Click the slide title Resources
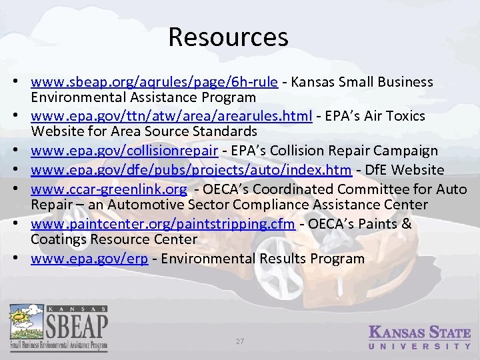tap(228, 37)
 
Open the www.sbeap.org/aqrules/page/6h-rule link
tap(154, 82)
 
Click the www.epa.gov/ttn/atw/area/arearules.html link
tap(171, 116)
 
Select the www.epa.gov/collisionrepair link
tap(125, 151)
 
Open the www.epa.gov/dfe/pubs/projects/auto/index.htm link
tap(191, 170)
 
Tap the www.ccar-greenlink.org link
tap(109, 189)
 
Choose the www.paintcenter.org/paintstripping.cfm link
tap(163, 224)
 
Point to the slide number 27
tap(240, 341)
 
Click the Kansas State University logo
tap(419, 337)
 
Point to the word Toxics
tap(405, 116)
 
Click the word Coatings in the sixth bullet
tap(57, 239)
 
